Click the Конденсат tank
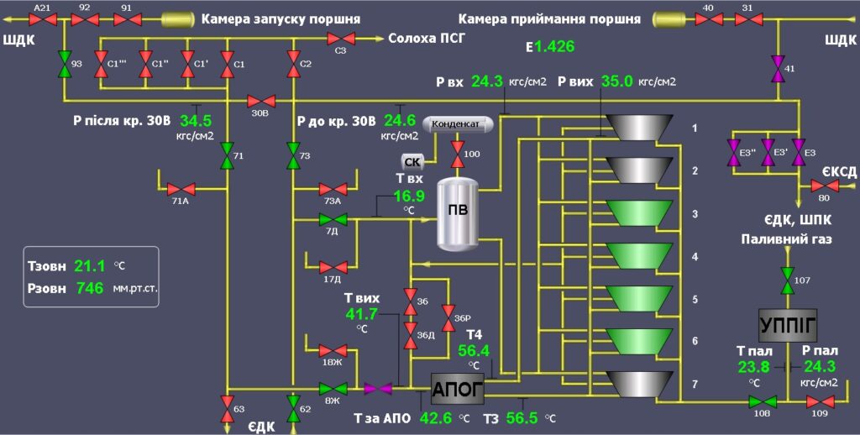click(457, 124)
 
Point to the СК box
click(412, 161)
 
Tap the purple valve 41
click(779, 66)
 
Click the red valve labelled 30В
click(260, 100)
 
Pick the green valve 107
click(787, 279)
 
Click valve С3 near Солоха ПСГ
click(341, 39)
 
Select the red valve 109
click(819, 401)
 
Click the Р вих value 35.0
click(616, 81)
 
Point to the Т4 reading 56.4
click(474, 351)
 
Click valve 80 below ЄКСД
click(823, 186)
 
